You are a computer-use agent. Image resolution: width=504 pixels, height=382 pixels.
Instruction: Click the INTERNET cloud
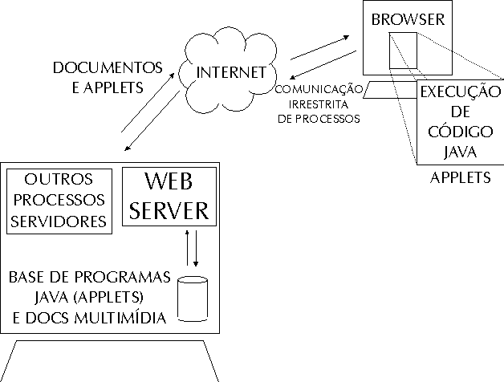(230, 72)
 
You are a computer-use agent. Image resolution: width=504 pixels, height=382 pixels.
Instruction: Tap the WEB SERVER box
(169, 196)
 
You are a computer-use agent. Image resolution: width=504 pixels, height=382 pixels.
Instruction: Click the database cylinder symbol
(192, 299)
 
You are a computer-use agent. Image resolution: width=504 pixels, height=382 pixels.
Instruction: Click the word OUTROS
(59, 178)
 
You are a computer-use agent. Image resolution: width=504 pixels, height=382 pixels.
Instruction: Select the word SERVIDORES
(59, 219)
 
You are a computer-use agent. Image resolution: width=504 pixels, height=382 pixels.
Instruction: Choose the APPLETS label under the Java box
(461, 177)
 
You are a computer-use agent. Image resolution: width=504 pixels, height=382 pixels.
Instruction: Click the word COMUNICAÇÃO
(319, 89)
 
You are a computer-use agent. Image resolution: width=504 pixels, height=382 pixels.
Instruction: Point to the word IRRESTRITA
(319, 104)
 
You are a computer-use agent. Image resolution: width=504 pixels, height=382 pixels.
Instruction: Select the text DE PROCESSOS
(319, 117)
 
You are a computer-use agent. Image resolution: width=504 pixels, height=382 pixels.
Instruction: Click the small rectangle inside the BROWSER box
(403, 50)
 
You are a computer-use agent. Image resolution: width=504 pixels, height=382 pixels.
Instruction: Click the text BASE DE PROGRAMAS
(90, 278)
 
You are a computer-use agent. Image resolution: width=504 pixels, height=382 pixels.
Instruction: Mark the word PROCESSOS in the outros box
(59, 199)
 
